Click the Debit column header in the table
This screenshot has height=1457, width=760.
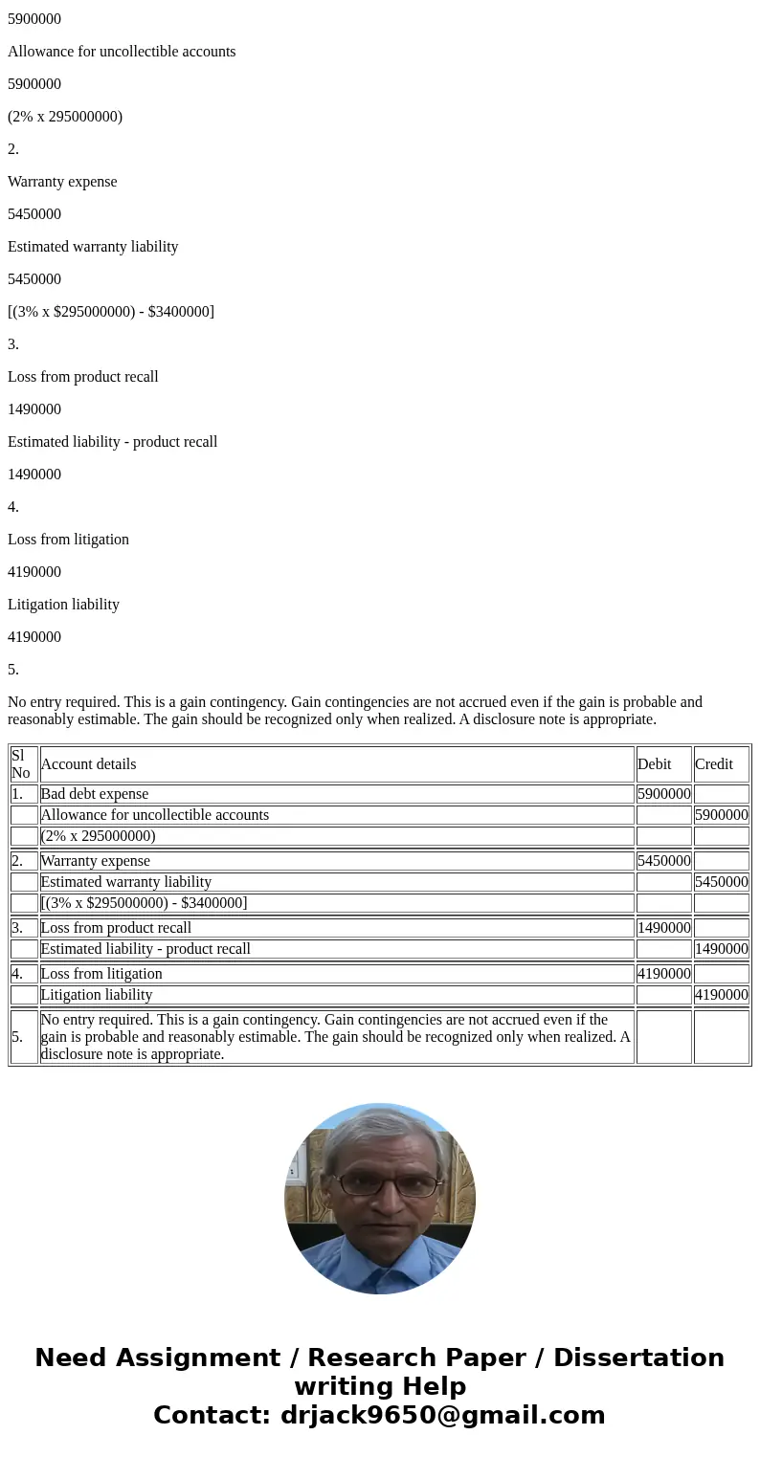[655, 763]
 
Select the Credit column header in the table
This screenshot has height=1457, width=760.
[714, 763]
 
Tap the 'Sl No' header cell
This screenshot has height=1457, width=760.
[21, 763]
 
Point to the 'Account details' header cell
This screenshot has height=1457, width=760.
[88, 763]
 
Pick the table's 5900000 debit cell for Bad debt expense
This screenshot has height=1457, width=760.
[663, 794]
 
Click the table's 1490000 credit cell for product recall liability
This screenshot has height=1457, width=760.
[721, 949]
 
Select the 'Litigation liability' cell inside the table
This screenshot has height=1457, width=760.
[96, 995]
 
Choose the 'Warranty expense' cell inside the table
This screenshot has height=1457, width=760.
[95, 861]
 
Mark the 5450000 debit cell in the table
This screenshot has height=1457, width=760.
[663, 861]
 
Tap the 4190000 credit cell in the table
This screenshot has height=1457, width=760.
[721, 995]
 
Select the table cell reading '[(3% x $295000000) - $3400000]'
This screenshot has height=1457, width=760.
[144, 903]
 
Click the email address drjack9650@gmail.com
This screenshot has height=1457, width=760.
[442, 1416]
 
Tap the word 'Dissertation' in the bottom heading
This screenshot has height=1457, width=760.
[638, 1358]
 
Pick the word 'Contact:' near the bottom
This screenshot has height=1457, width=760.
[212, 1416]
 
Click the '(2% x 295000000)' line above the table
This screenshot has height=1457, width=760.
[65, 117]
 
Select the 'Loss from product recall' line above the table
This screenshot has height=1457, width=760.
[83, 377]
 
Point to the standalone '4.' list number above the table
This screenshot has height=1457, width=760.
[13, 507]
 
